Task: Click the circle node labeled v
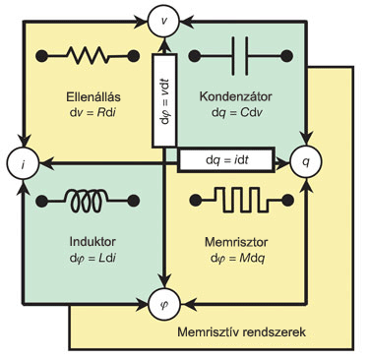point(163,21)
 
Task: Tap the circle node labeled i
point(23,163)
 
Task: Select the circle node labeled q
point(306,161)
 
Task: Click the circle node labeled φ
point(164,304)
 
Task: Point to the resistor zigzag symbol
point(88,56)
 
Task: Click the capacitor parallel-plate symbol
point(240,56)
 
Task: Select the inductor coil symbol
point(88,201)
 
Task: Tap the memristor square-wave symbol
point(241,201)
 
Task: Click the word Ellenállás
point(93,97)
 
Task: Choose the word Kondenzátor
point(235,96)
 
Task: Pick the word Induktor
point(92,242)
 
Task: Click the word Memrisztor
point(236,242)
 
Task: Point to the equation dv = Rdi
point(92,113)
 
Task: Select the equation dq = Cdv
point(237,113)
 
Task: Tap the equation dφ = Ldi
point(92,258)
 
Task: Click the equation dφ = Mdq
point(238,259)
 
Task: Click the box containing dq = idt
point(226,160)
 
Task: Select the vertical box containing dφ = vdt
point(164,100)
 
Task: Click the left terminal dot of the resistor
point(41,56)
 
